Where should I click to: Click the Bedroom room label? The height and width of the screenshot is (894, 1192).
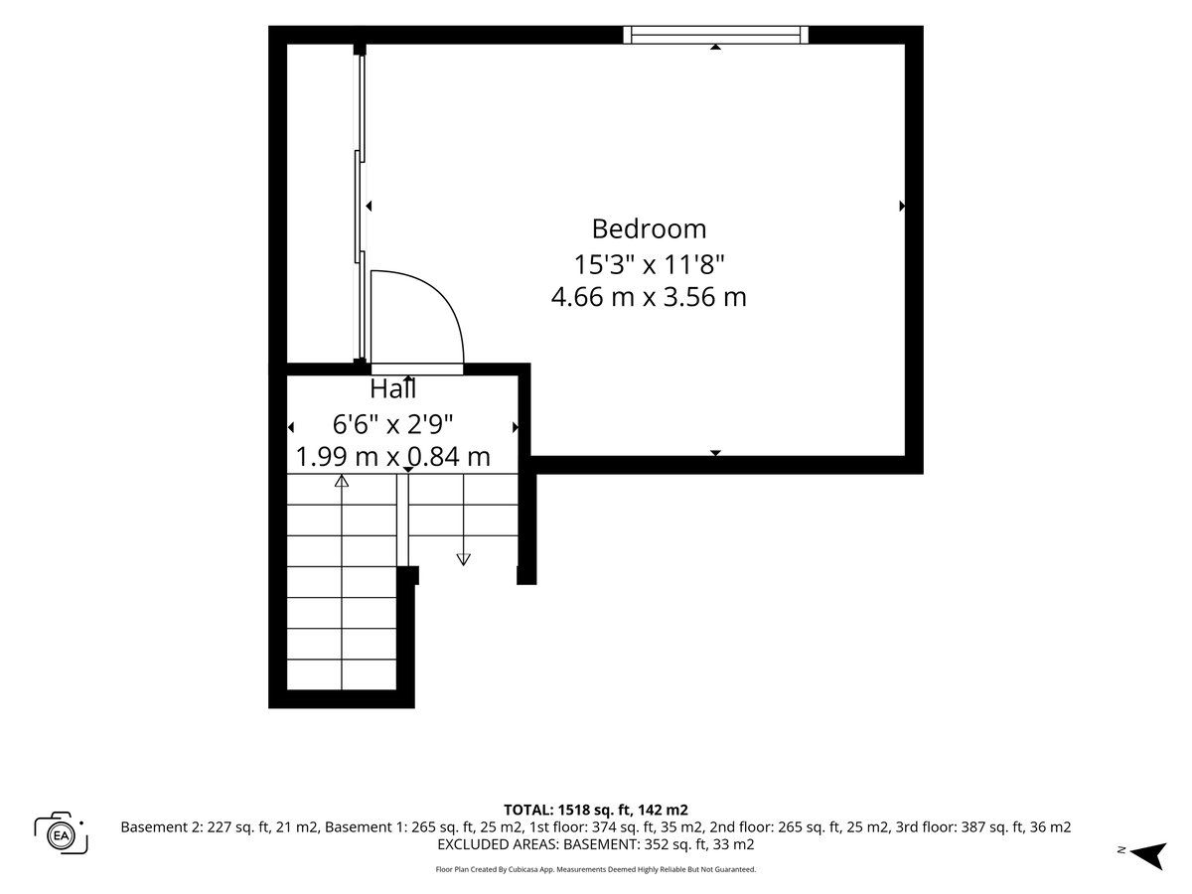tap(649, 229)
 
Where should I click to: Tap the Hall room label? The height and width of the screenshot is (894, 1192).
tap(393, 388)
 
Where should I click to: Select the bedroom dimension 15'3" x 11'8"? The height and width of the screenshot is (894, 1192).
tap(649, 265)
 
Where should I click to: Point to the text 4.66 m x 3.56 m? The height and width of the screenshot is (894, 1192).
tap(649, 297)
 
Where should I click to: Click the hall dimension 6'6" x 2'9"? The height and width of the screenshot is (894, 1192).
tap(392, 424)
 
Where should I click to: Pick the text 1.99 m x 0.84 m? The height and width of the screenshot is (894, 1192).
tap(392, 457)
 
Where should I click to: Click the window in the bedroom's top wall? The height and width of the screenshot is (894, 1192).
tap(715, 35)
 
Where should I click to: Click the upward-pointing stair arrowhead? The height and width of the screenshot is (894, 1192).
tap(342, 481)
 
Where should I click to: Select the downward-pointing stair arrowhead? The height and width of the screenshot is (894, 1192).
tap(463, 559)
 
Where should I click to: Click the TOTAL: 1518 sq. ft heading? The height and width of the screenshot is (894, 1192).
tap(596, 810)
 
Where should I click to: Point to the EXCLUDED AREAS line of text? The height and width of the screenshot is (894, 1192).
tap(596, 844)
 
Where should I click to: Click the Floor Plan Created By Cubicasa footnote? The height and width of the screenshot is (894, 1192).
tap(596, 869)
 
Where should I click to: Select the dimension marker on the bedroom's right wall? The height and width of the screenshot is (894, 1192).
tap(902, 206)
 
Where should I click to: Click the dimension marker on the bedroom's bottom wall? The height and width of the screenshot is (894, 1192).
tap(716, 453)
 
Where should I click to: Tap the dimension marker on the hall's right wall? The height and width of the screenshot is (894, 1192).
tap(516, 427)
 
